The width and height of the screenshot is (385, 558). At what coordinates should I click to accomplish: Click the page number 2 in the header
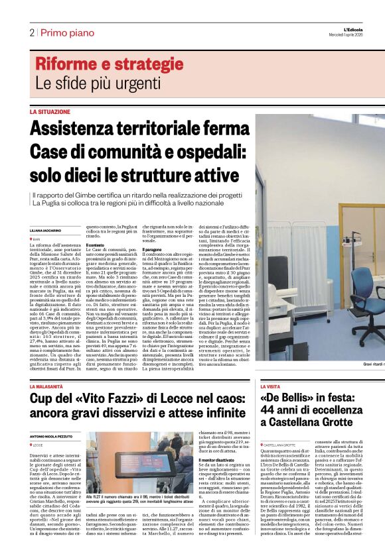pos(31,32)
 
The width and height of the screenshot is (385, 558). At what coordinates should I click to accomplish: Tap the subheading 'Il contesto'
pos(96,245)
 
